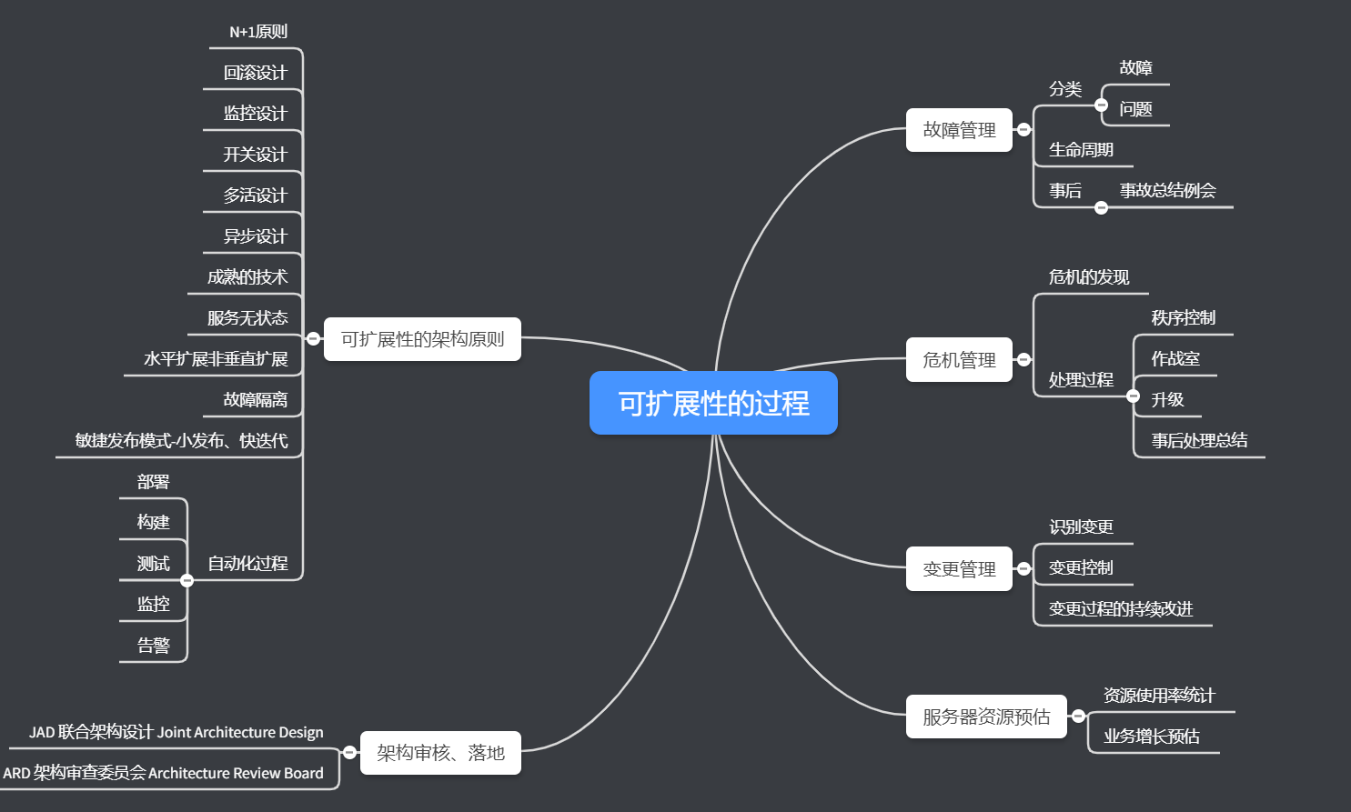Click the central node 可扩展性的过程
(713, 403)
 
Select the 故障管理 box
(959, 130)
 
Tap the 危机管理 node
(959, 360)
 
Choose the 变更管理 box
(959, 569)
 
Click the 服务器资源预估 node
(986, 717)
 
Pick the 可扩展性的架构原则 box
(422, 339)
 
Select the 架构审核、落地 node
(440, 753)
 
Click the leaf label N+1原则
(258, 32)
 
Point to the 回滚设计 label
(255, 73)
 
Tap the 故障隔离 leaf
(255, 399)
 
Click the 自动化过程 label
(247, 564)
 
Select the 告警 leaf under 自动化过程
(154, 646)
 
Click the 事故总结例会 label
(1167, 190)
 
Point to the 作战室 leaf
(1175, 358)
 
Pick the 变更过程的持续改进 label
(1121, 609)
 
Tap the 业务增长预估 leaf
(1152, 737)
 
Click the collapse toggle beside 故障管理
(1023, 130)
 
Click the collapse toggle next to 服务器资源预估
(1078, 717)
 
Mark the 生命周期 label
(1081, 150)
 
